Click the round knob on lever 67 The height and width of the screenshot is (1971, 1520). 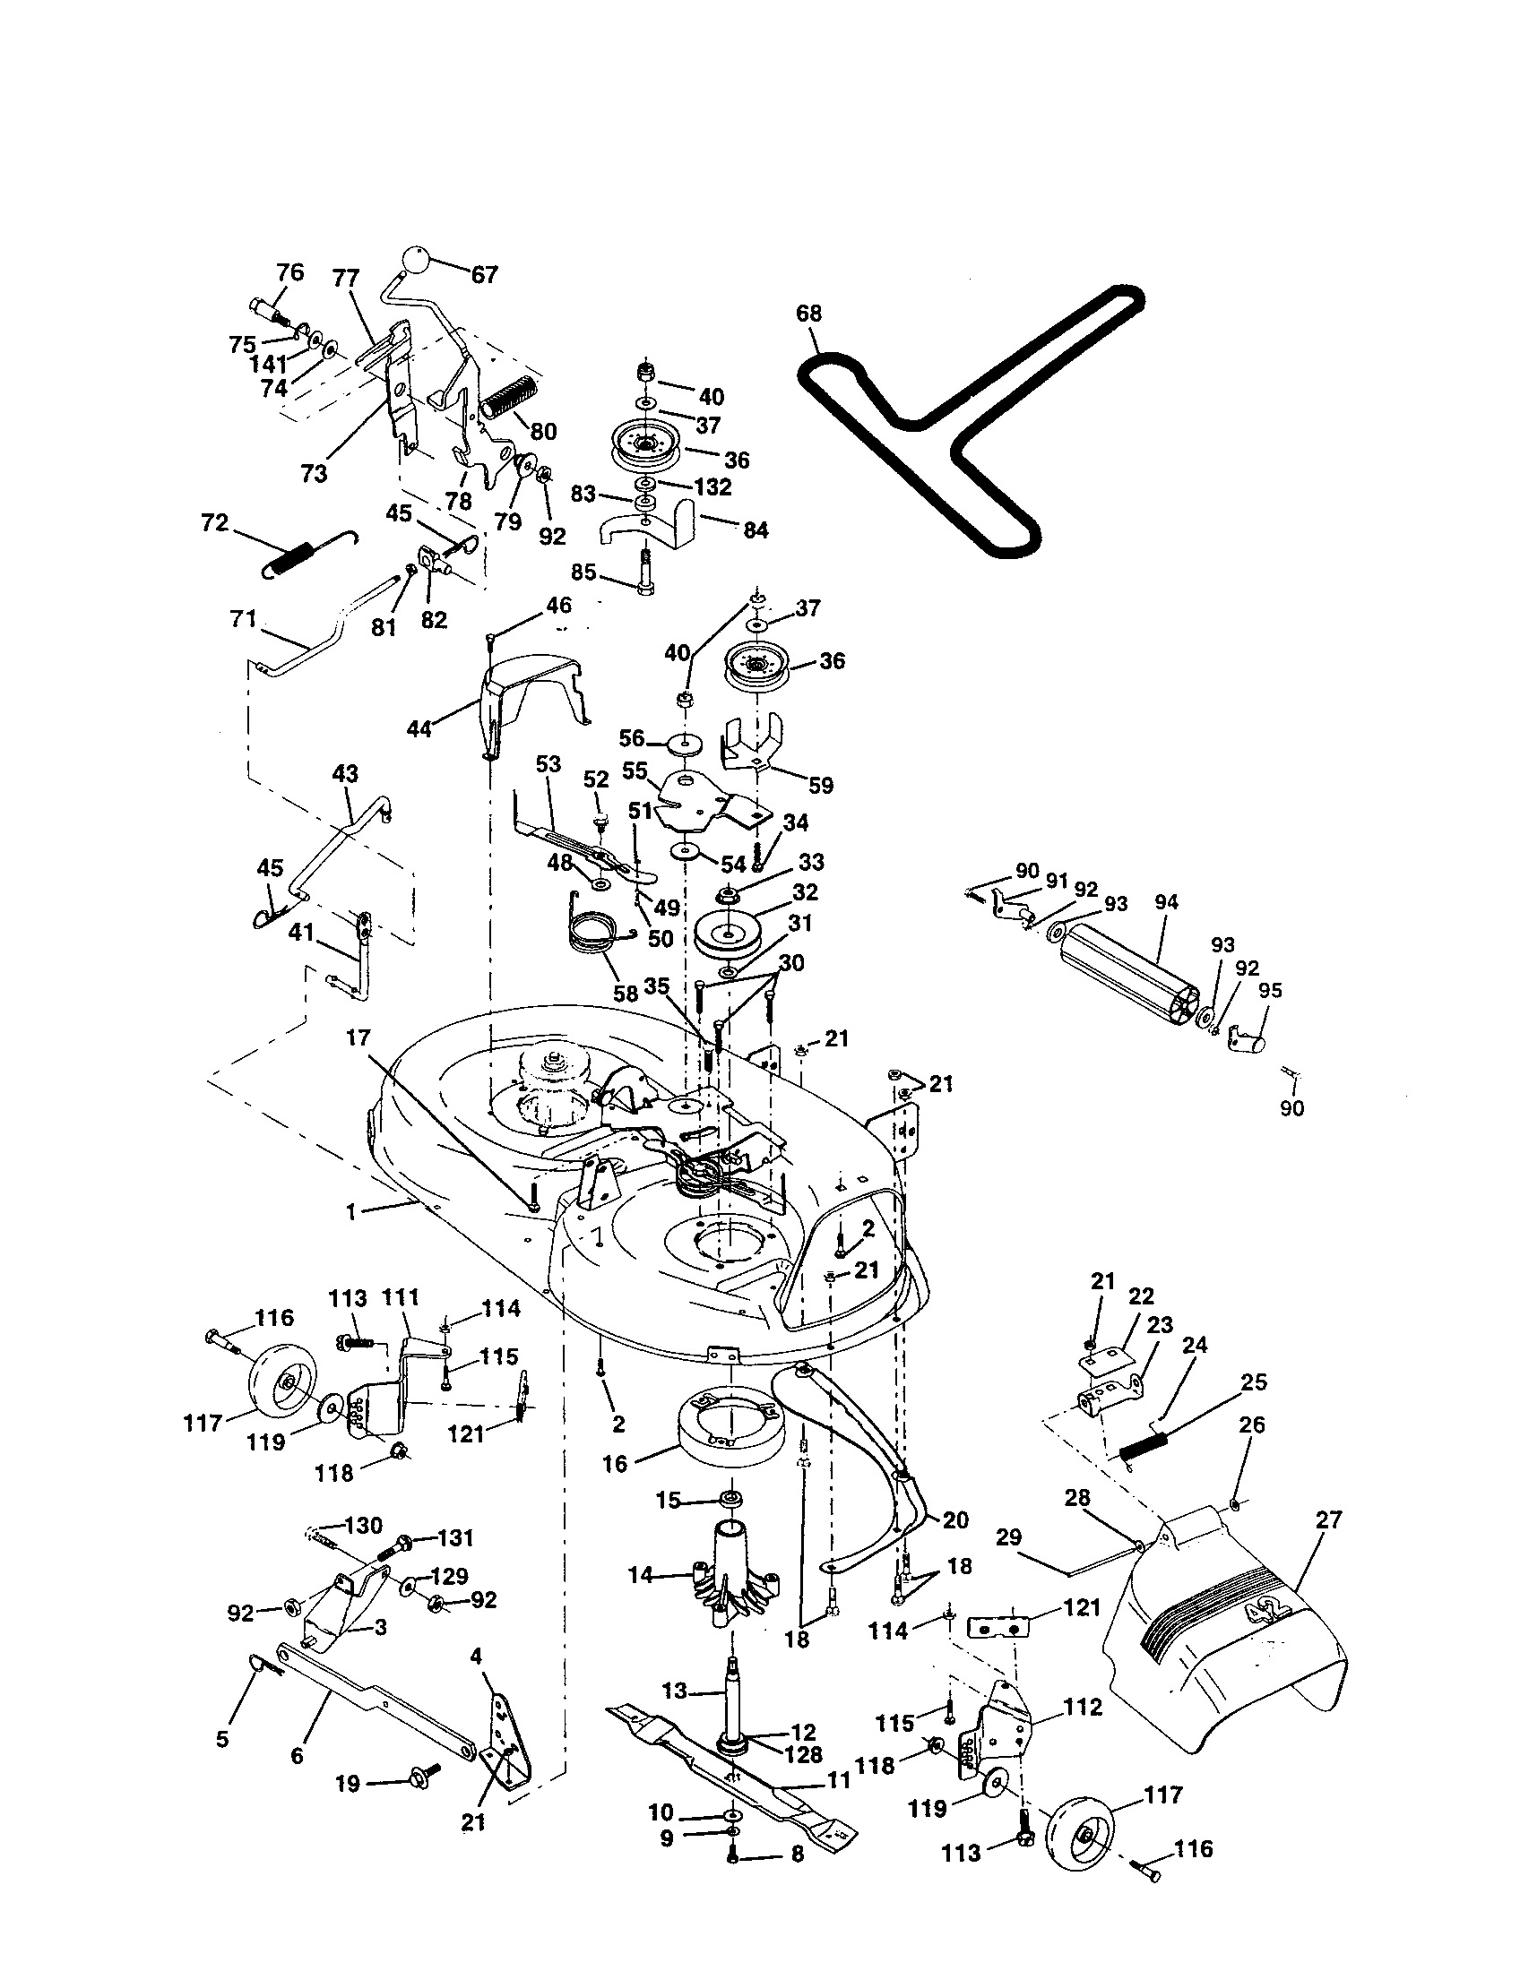point(414,261)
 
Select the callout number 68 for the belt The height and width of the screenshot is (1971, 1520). point(808,314)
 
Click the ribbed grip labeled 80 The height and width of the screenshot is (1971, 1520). point(509,397)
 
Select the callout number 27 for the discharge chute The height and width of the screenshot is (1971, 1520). point(1328,1519)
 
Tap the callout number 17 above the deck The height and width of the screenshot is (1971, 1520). point(358,1037)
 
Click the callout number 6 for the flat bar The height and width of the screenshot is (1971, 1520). point(298,1755)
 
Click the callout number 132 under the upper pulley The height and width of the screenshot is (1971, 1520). point(713,486)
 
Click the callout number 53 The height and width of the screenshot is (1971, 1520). point(548,763)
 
